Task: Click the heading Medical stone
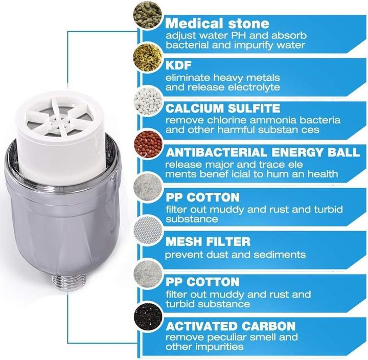(x=217, y=24)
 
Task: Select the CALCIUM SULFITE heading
(x=223, y=108)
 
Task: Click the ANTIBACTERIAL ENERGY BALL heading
(x=262, y=152)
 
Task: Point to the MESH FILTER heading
(x=208, y=242)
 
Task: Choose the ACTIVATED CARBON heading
(x=231, y=326)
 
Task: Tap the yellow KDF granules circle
(x=148, y=57)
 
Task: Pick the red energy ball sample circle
(x=148, y=144)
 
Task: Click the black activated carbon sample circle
(x=148, y=316)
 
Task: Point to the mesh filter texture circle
(x=148, y=229)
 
